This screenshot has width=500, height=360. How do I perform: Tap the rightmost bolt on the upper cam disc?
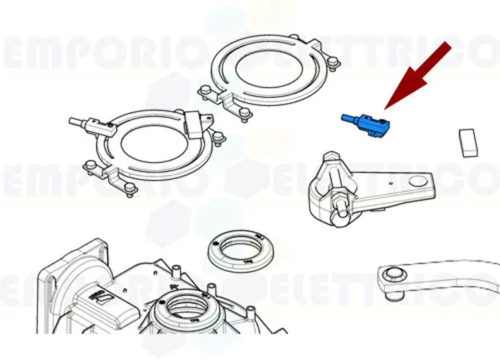coord(334,63)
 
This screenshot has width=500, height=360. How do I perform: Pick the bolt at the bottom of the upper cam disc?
coord(247,114)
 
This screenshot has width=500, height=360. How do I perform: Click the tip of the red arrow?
coord(385,109)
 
